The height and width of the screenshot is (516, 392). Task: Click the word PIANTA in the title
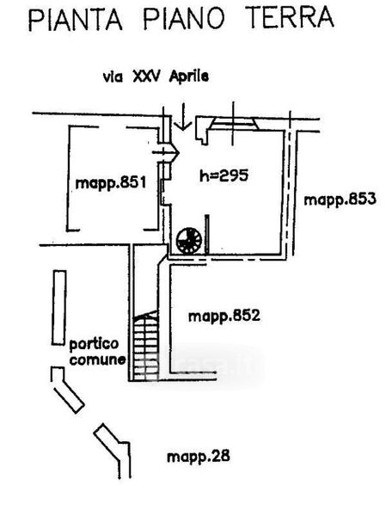coord(76,20)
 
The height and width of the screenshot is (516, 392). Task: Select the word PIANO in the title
coord(183,18)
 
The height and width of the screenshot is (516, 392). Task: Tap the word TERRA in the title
coord(290,17)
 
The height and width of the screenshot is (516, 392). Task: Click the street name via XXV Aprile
coord(156,77)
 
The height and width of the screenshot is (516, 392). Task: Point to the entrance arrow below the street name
coord(183,116)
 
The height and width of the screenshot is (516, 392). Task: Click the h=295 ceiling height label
coord(224,175)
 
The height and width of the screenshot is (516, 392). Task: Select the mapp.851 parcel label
coord(111,183)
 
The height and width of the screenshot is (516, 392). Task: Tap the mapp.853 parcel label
coord(340,200)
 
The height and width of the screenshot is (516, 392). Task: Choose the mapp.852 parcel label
coord(224,316)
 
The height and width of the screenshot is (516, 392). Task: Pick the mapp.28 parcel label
coord(199,457)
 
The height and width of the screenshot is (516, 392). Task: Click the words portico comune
coord(97,352)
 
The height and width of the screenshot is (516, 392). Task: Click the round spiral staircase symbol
coord(189,241)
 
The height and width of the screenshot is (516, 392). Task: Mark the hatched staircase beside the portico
coord(145,346)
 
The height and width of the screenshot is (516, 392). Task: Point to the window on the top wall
coord(234,124)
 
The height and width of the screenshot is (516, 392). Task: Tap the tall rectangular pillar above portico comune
coord(59,308)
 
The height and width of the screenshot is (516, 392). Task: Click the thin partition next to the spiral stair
coord(207,235)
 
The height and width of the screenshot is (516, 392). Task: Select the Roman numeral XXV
coord(146,77)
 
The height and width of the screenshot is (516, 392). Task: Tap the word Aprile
coord(189,77)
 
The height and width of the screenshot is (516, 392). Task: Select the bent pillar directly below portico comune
coord(67,390)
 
